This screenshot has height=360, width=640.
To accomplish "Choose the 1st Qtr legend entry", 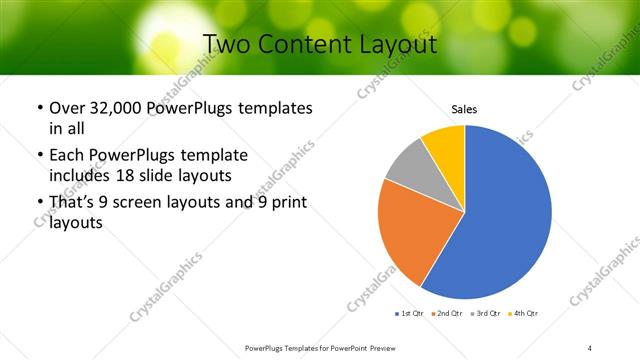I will pos(411,314).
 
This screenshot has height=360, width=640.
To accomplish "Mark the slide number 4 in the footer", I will pos(590,347).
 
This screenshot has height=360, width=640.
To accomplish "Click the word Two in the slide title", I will pos(227,45).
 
